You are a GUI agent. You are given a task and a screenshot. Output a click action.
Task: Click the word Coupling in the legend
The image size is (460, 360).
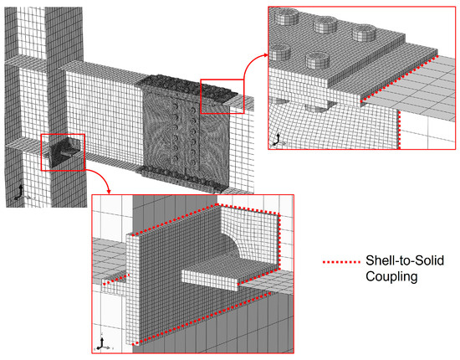[391, 277]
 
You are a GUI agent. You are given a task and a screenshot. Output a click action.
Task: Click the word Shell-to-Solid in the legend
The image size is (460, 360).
[405, 260]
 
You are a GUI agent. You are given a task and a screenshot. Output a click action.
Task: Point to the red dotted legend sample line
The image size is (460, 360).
[341, 262]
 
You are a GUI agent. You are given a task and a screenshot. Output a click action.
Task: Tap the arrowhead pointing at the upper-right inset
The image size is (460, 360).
[265, 54]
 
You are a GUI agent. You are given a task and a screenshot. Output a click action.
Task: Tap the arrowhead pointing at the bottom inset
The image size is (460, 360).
[109, 191]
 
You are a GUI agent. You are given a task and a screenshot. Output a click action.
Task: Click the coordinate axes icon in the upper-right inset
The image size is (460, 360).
[277, 141]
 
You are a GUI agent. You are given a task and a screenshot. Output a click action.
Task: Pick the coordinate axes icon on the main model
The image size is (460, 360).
[21, 193]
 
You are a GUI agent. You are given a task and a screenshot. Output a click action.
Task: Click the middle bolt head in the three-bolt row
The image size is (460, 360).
[325, 24]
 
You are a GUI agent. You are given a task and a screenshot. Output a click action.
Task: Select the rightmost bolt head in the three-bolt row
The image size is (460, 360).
[364, 33]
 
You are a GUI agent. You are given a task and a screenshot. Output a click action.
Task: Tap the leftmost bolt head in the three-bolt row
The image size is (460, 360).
[286, 16]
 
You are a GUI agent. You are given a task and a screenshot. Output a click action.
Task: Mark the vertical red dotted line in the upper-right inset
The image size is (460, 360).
[399, 130]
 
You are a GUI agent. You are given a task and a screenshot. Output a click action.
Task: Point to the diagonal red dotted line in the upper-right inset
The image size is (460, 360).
[399, 78]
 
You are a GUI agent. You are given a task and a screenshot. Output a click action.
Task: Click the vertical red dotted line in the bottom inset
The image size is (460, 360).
[279, 241]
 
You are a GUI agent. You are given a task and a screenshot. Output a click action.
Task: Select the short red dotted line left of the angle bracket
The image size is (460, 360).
[116, 280]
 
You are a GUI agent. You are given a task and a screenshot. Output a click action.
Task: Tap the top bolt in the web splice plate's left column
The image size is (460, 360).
[176, 105]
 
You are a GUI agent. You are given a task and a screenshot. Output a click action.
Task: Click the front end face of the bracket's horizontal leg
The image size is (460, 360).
[209, 280]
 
